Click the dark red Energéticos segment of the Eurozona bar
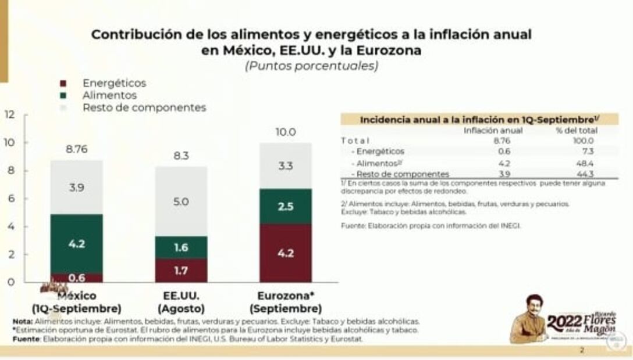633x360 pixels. (x=285, y=253)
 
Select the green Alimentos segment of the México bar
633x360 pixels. (x=77, y=244)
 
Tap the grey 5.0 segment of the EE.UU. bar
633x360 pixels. (x=181, y=201)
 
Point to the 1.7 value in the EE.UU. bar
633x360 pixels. (x=181, y=270)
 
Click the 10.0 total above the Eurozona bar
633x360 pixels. (x=286, y=132)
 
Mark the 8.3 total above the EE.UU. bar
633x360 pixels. (x=181, y=156)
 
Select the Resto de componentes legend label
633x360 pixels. (x=144, y=108)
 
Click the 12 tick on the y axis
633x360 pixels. (x=9, y=114)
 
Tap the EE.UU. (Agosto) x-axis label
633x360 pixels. (x=181, y=302)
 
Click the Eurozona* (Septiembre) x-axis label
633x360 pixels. (x=285, y=302)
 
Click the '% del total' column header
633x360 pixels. (x=576, y=131)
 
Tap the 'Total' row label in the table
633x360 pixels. (x=355, y=141)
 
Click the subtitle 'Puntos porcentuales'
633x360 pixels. (x=311, y=66)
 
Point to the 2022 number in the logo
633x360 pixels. (x=563, y=323)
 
